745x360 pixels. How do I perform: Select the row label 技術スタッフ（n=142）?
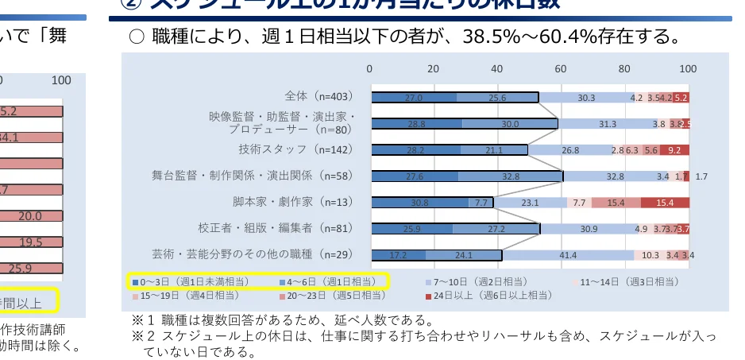[x=295, y=149]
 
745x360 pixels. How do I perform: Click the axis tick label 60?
[x=561, y=68]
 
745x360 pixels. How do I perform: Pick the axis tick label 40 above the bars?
[x=497, y=68]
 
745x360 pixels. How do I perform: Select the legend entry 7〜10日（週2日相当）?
[x=474, y=281]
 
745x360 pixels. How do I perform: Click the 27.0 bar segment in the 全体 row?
[x=413, y=98]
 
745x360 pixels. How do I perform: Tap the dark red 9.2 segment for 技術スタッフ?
[x=674, y=150]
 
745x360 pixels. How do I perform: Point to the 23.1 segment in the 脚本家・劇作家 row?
[x=530, y=203]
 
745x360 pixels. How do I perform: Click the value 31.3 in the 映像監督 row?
[x=608, y=124]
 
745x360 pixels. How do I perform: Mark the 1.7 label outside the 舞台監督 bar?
[x=701, y=176]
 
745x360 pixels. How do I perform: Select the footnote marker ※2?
[x=141, y=337]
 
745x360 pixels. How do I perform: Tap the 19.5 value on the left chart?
[x=31, y=242]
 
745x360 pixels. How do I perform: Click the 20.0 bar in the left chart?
[x=31, y=215]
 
